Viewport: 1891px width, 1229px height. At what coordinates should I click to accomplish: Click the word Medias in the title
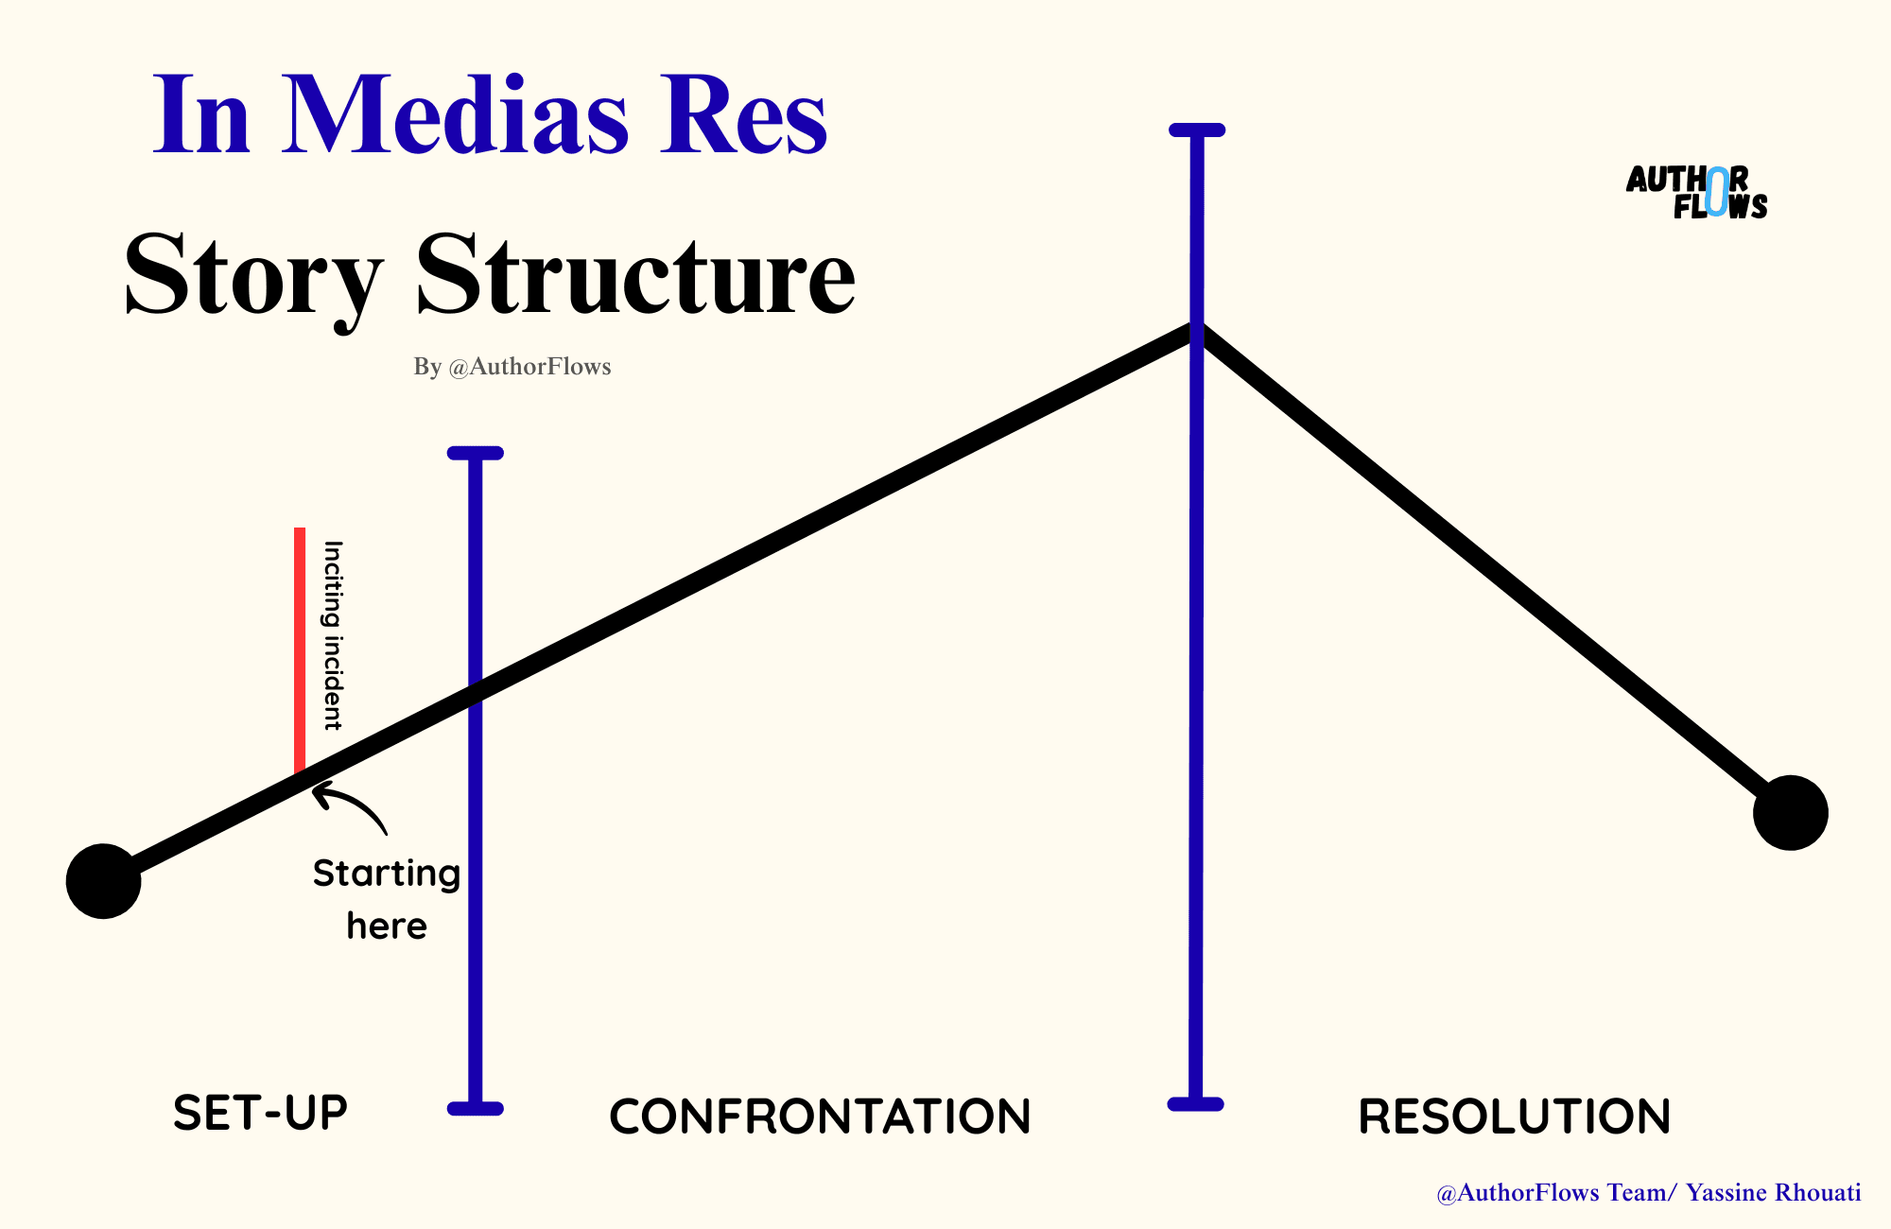tap(454, 115)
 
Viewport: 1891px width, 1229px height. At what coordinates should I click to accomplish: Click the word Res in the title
tap(743, 115)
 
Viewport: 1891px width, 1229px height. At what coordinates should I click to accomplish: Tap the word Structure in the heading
tap(635, 274)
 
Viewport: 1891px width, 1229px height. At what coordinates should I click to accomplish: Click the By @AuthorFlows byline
tap(512, 367)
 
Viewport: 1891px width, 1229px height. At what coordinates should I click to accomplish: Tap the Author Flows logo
tap(1696, 193)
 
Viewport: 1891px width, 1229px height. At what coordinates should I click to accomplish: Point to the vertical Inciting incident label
tap(333, 635)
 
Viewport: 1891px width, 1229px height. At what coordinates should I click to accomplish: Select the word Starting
tap(387, 874)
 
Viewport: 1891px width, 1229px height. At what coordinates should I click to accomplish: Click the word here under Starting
tap(387, 926)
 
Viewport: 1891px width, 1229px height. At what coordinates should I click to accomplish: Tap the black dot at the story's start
tap(104, 881)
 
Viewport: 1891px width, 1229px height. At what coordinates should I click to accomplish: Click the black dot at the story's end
tap(1790, 813)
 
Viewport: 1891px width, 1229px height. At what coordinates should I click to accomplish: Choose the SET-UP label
tap(261, 1113)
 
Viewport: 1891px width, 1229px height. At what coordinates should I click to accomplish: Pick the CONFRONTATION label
tap(820, 1116)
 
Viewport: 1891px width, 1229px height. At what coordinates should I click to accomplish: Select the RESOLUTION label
tap(1514, 1116)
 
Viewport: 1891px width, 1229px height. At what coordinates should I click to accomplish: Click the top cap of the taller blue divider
tap(1197, 130)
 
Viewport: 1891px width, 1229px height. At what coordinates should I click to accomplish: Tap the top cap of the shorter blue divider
tap(476, 453)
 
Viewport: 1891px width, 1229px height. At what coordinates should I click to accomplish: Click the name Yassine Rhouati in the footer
tap(1773, 1193)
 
